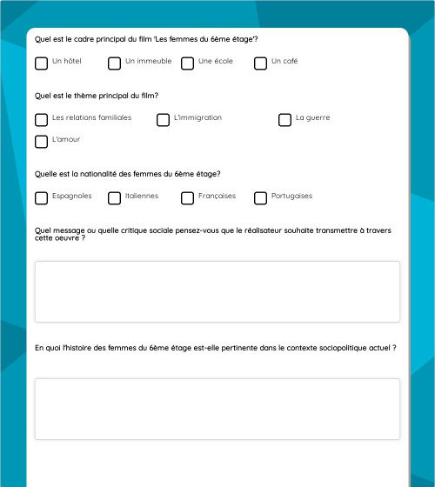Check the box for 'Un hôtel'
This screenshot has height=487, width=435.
click(x=42, y=63)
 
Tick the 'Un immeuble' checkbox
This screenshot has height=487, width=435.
click(x=115, y=63)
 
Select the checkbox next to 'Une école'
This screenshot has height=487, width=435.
click(x=188, y=63)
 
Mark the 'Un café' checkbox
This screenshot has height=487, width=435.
click(x=261, y=63)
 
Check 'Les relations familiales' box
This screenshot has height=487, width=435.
click(x=42, y=120)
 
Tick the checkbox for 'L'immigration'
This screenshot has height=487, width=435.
click(x=164, y=120)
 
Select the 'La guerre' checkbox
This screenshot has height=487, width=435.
click(x=285, y=120)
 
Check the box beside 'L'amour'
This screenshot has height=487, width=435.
click(x=42, y=142)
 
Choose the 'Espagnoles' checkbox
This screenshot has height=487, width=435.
click(x=42, y=198)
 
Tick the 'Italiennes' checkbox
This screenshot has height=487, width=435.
click(x=115, y=198)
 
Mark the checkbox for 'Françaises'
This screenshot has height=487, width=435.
click(x=188, y=198)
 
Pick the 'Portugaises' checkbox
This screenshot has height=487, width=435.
click(x=261, y=198)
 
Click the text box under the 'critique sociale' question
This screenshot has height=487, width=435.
click(x=217, y=292)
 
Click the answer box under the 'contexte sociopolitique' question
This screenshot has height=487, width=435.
click(x=217, y=409)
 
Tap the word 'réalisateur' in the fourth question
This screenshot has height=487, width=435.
click(x=264, y=230)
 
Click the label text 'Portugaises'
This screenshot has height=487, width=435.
click(x=291, y=196)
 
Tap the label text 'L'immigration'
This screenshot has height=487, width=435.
click(x=197, y=117)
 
